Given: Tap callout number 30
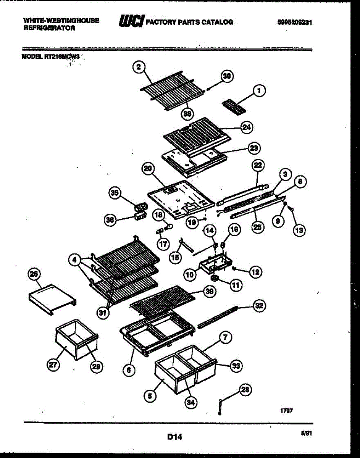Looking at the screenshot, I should (x=227, y=76).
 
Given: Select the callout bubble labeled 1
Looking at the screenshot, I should (x=259, y=91).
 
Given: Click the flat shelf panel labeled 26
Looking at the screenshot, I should (x=52, y=298).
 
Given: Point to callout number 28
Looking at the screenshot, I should (x=245, y=390).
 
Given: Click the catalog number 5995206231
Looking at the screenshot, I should (x=295, y=23).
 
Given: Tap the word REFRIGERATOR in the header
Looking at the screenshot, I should (x=49, y=28).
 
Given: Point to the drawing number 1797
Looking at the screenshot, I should (x=287, y=411).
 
